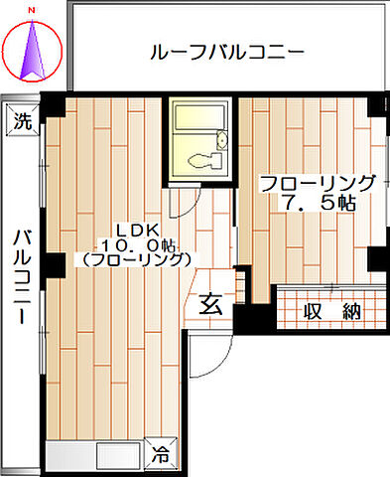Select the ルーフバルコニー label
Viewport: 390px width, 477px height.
pyautogui.click(x=226, y=52)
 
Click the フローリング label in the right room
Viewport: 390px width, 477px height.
pyautogui.click(x=318, y=183)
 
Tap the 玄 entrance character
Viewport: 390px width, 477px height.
pyautogui.click(x=211, y=304)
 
